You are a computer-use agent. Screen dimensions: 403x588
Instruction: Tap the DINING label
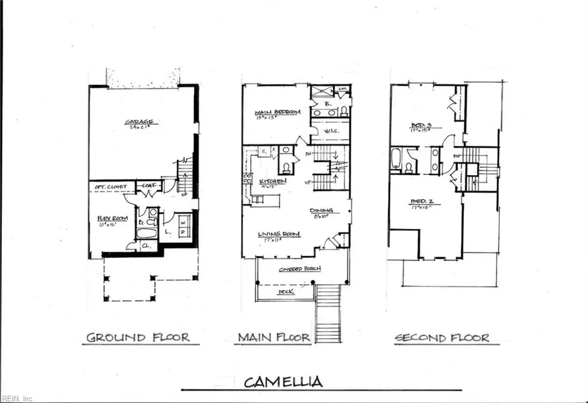click(323, 210)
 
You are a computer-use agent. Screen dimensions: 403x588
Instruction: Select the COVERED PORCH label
click(295, 269)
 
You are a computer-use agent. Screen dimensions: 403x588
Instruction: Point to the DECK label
click(286, 292)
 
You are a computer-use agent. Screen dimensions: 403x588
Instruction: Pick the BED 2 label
click(423, 201)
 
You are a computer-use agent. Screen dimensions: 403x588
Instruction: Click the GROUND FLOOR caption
click(138, 338)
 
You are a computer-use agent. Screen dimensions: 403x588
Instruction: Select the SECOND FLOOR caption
click(441, 338)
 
